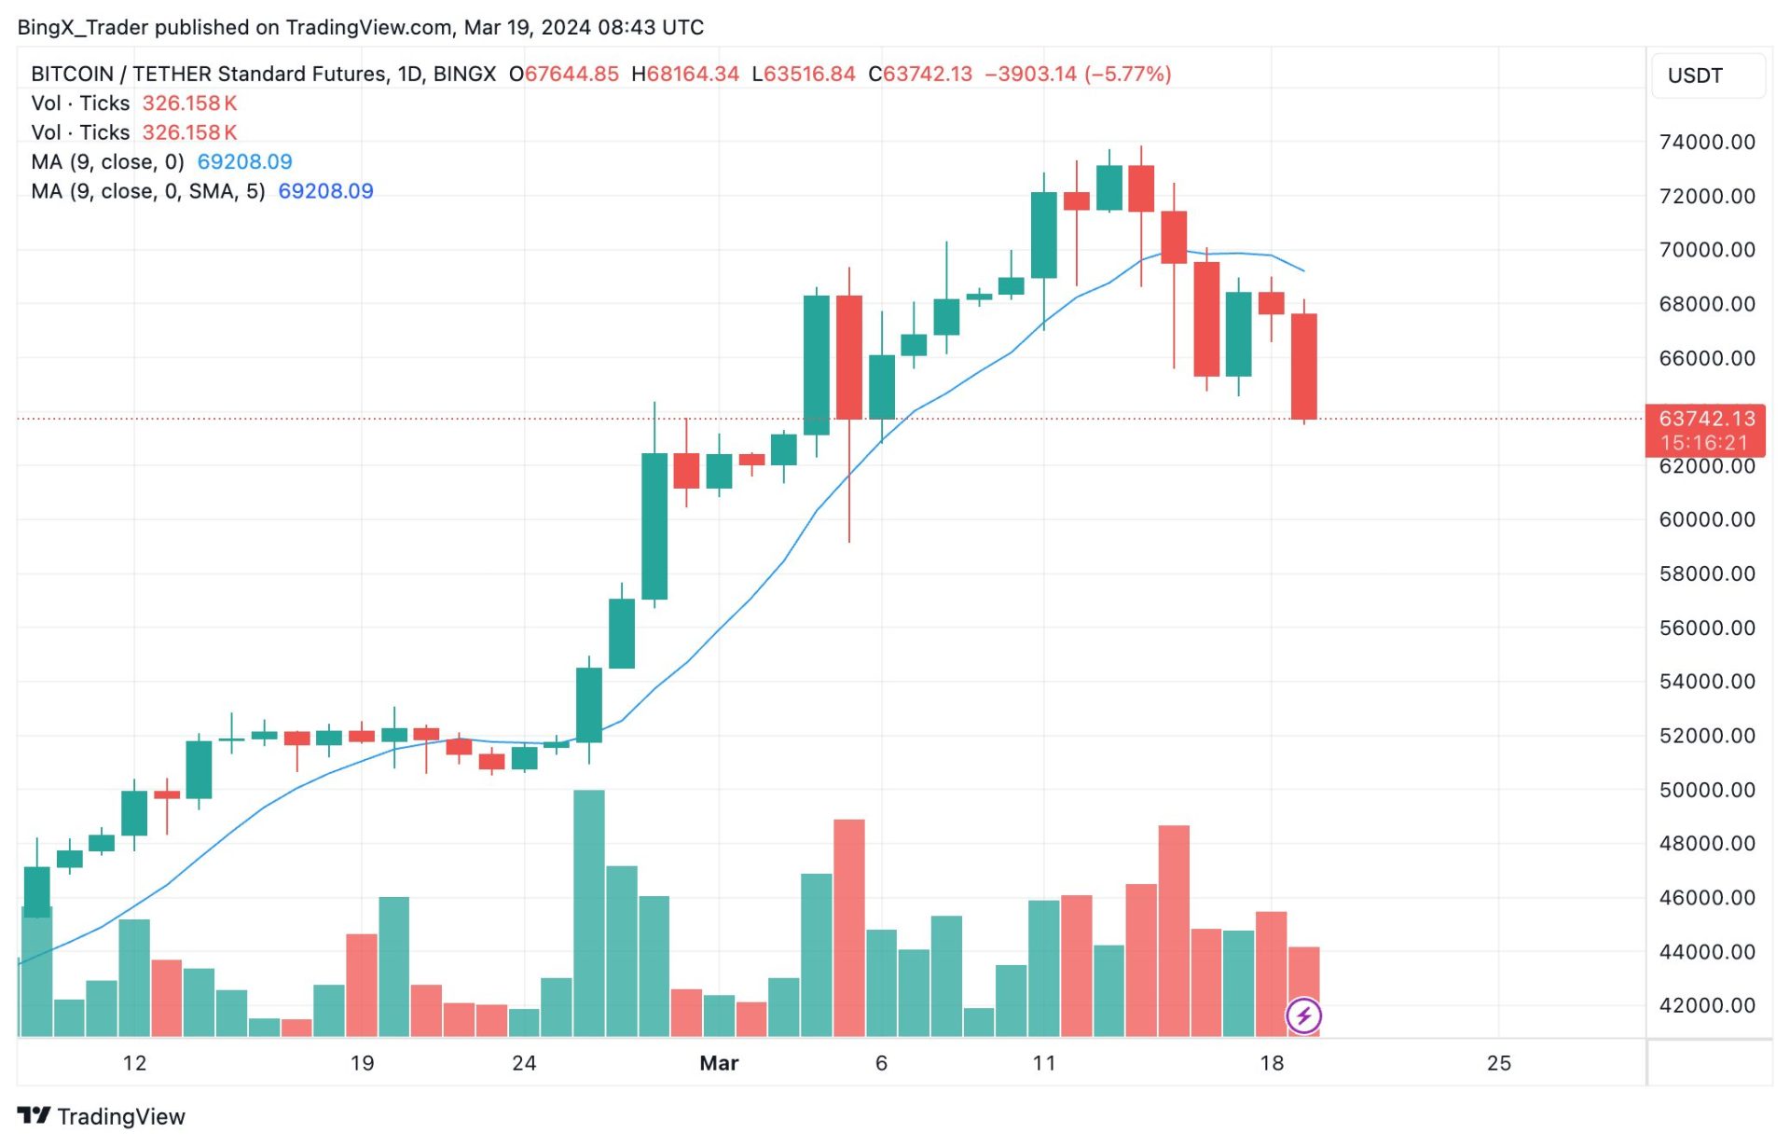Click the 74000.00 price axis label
[x=1706, y=142]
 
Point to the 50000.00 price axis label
[x=1706, y=790]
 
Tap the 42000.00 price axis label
[x=1706, y=1005]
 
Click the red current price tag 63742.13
[x=1706, y=419]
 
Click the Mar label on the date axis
[x=719, y=1063]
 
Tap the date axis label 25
[x=1498, y=1063]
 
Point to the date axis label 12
[x=134, y=1063]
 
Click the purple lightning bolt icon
[x=1303, y=1015]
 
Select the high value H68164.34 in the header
[x=685, y=74]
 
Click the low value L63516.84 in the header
[x=804, y=74]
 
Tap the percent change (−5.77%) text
[x=1127, y=74]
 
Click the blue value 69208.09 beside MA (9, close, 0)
[x=244, y=161]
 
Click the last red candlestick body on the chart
[x=1303, y=366]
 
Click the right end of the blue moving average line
[x=1303, y=271]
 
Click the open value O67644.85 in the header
[x=564, y=74]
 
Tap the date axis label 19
[x=362, y=1063]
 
